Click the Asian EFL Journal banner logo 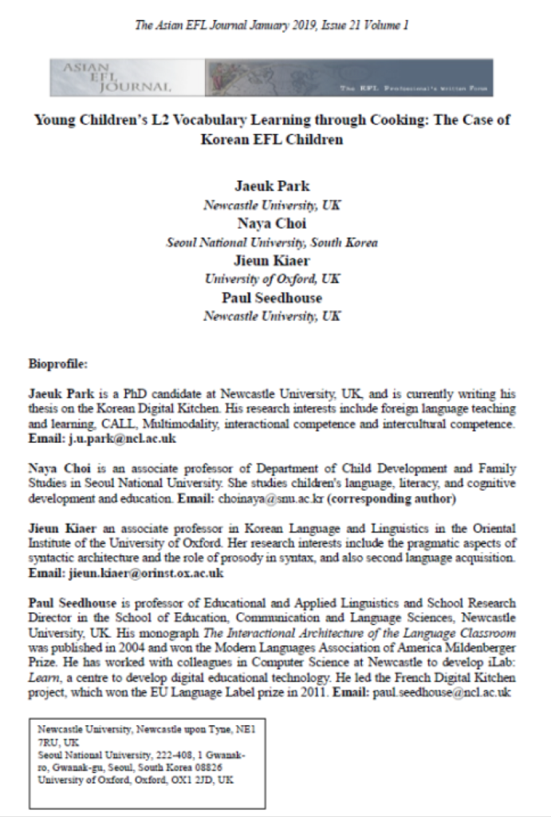pyautogui.click(x=271, y=77)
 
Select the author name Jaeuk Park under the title pyautogui.click(x=272, y=187)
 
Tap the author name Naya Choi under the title pyautogui.click(x=272, y=223)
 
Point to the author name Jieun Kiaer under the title pyautogui.click(x=272, y=260)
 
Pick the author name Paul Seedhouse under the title pyautogui.click(x=272, y=298)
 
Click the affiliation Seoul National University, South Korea pyautogui.click(x=272, y=242)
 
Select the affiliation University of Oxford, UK pyautogui.click(x=272, y=278)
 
